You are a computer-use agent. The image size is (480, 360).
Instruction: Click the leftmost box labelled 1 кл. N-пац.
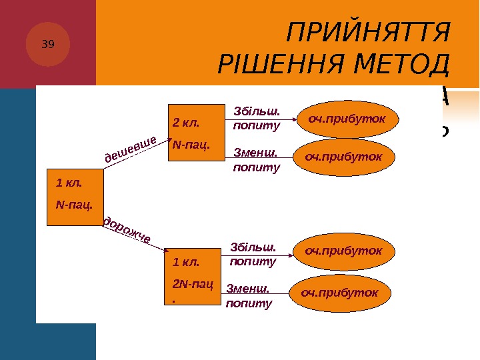75,197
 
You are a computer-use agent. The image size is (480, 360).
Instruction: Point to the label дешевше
131,148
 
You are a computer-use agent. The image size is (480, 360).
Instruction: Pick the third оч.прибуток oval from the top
343,251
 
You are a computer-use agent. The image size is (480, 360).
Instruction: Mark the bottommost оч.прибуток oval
339,292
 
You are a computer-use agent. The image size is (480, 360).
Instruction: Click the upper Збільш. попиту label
257,118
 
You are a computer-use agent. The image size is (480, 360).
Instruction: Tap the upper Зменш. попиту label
257,160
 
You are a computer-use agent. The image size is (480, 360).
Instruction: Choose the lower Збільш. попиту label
253,255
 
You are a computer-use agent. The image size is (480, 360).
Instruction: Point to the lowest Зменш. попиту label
249,296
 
